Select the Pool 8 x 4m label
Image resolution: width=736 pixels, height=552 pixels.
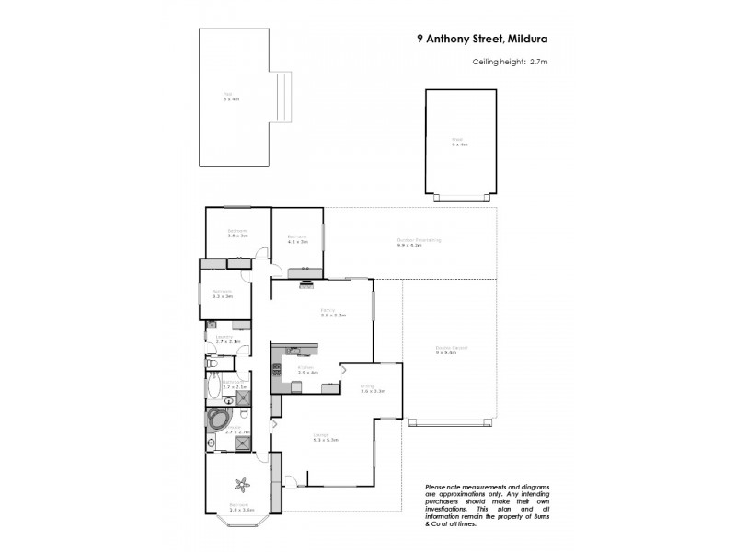click(231, 97)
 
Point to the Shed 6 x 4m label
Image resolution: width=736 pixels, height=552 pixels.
click(459, 144)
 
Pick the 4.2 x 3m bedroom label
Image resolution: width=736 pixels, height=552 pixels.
click(296, 239)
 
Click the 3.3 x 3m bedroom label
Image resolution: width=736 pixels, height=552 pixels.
click(222, 295)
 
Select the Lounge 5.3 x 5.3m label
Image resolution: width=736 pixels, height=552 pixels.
click(326, 438)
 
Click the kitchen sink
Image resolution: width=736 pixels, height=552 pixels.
click(293, 351)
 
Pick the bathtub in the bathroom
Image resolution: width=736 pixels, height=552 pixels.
click(213, 391)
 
